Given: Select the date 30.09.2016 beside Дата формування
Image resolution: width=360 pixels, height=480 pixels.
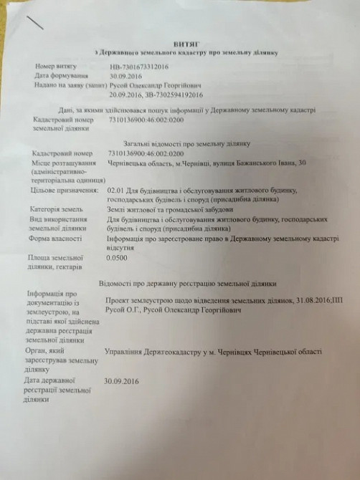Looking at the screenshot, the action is (123, 75).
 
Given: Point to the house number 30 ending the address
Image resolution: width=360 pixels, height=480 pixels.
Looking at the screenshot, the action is (302, 163).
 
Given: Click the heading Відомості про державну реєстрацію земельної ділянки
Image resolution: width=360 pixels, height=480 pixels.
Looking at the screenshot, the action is (190, 284).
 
